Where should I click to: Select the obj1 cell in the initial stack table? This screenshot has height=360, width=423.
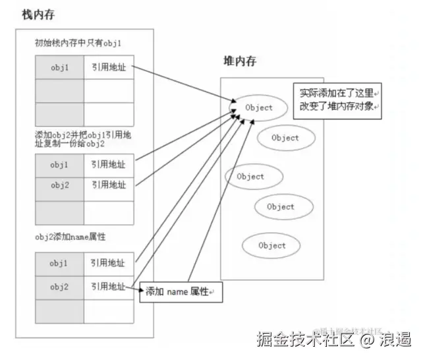(x=59, y=67)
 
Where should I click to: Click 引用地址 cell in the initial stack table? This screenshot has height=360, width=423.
(x=109, y=67)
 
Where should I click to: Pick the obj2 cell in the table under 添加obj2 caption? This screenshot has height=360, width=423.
(x=59, y=185)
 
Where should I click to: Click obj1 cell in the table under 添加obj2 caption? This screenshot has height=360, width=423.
(x=59, y=164)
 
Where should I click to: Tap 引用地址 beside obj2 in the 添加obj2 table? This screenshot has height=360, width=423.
(x=109, y=185)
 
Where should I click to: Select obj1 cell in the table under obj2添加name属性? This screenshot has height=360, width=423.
(x=59, y=263)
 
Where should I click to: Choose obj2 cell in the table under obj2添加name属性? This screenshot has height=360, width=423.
(x=59, y=287)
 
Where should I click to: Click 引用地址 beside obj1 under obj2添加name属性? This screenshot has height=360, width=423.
(x=109, y=263)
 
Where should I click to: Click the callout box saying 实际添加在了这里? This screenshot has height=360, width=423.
(x=337, y=100)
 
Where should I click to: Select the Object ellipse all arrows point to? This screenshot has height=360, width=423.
(x=258, y=107)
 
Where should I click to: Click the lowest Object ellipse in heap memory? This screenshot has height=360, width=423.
(x=272, y=245)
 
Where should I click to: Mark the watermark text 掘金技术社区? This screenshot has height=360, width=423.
(x=305, y=341)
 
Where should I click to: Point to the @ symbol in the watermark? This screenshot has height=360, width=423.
(x=366, y=341)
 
